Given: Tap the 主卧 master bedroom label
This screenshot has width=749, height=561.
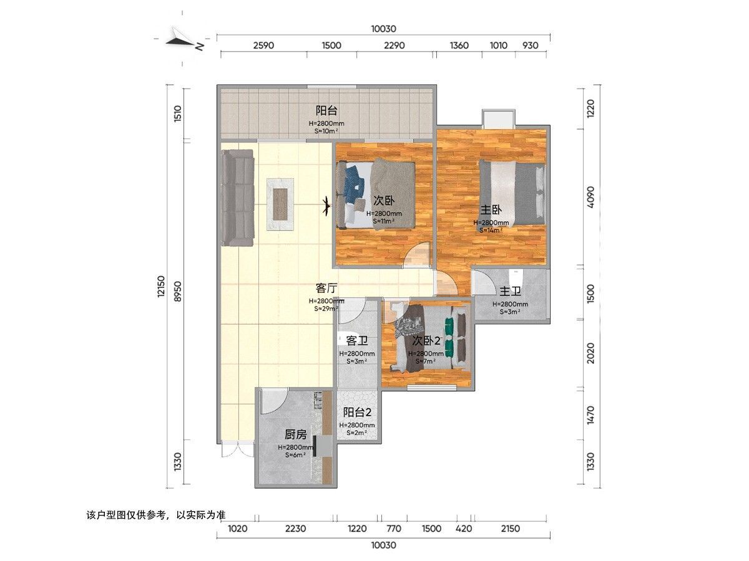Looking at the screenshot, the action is pos(491,210).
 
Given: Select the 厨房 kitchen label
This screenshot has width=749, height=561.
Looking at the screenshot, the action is pos(295,434).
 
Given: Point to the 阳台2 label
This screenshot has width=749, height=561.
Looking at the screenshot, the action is pos(357,413).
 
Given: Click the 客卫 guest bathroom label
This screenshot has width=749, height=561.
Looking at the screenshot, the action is pos(357,340).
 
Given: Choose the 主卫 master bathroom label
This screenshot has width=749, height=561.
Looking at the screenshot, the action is pos(510,292).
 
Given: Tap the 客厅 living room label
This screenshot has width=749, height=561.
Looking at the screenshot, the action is pos(326,289).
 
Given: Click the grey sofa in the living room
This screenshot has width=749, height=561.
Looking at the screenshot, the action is pos(238,198).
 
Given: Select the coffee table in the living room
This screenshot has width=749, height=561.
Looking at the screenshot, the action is pos(280,204).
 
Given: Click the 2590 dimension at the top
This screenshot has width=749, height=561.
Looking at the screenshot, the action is pos(263,46).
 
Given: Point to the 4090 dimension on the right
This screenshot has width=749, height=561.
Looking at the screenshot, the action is pos(590,197).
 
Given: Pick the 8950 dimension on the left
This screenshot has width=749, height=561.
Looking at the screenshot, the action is pos(178,291).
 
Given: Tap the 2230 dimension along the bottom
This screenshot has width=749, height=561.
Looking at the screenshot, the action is pos(295,529).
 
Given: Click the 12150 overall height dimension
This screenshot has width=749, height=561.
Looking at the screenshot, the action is pos(161,287).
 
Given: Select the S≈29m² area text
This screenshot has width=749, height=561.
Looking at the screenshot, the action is pos(326,309).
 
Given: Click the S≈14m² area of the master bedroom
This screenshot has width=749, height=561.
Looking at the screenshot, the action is pos(491,230).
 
